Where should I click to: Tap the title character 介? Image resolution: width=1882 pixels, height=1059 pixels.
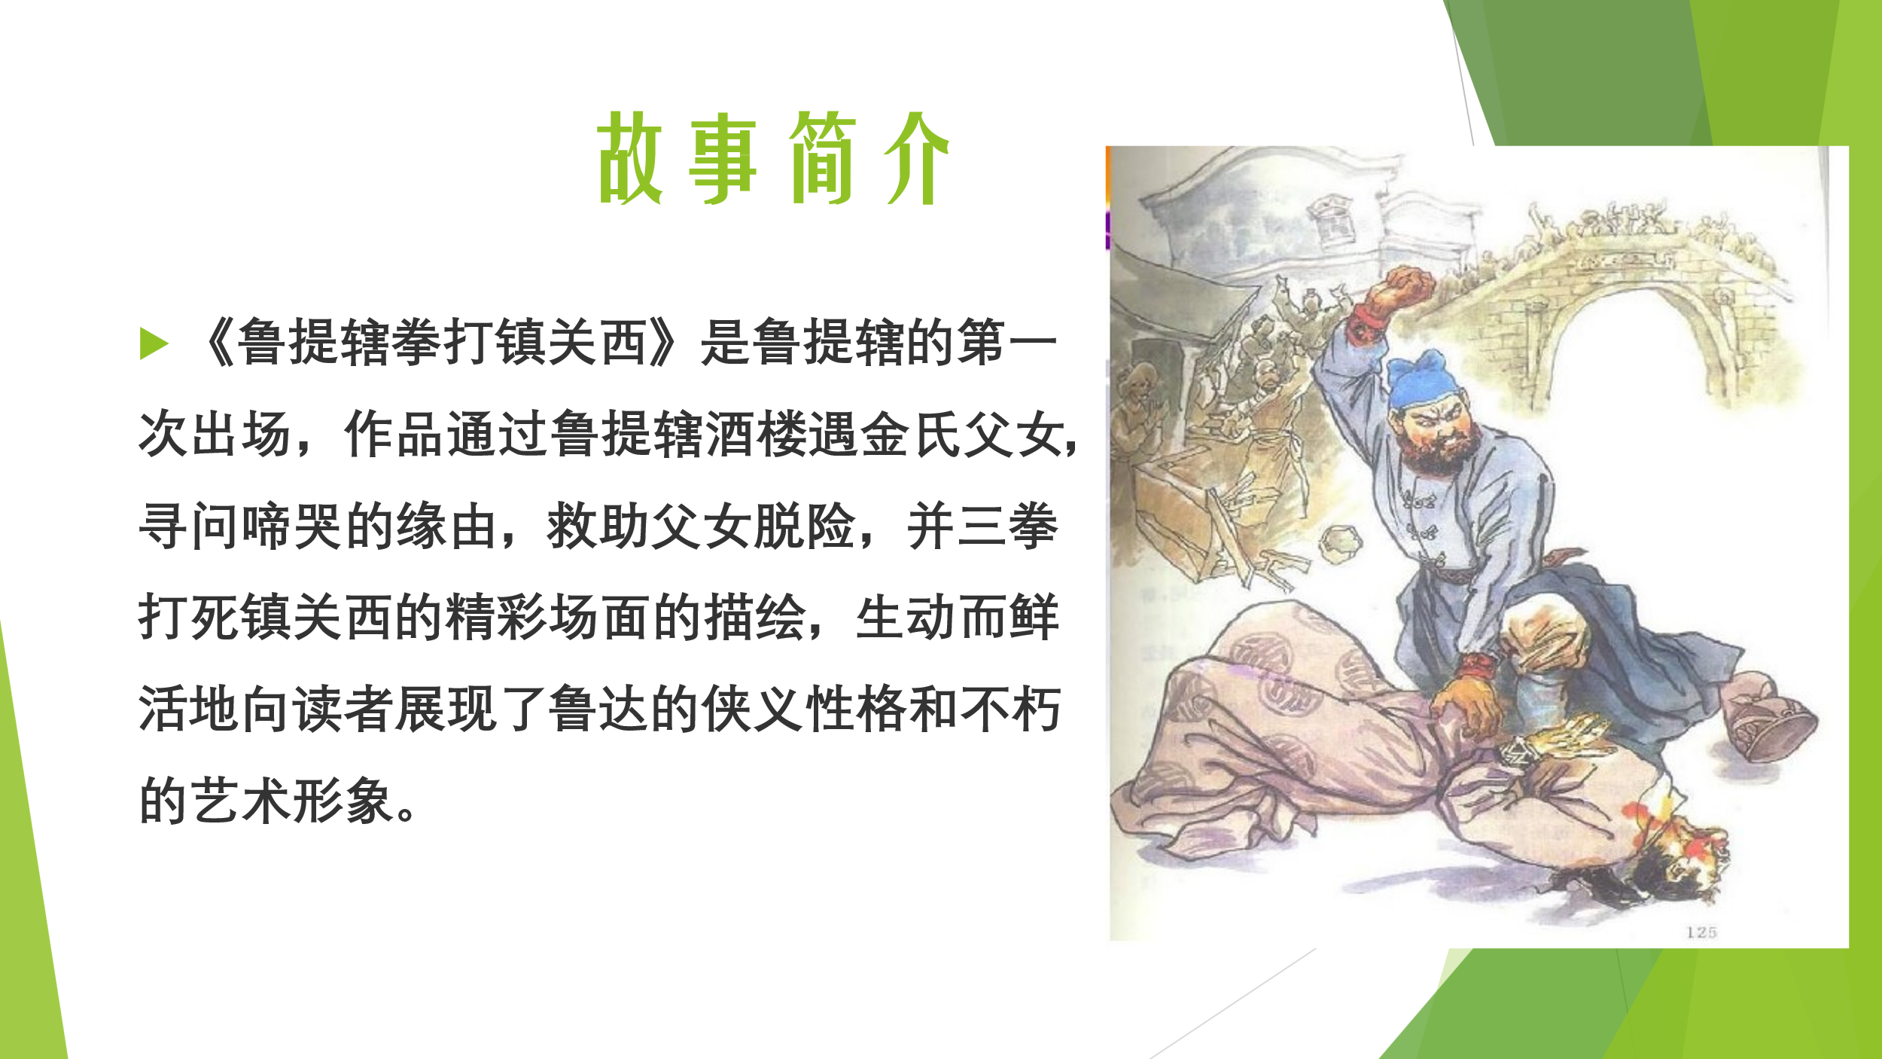tap(916, 157)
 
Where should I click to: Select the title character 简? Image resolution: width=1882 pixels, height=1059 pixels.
tap(822, 157)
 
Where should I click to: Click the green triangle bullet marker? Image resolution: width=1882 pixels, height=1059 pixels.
tap(154, 344)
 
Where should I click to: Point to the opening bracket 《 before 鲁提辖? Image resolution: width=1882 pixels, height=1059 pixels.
tap(218, 343)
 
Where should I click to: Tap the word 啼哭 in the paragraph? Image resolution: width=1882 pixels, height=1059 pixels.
tap(293, 526)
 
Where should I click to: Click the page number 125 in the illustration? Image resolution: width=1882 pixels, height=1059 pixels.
tap(1701, 932)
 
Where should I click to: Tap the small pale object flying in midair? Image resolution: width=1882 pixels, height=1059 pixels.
tap(1341, 544)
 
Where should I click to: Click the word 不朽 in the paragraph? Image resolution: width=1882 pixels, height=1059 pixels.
tap(1010, 710)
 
